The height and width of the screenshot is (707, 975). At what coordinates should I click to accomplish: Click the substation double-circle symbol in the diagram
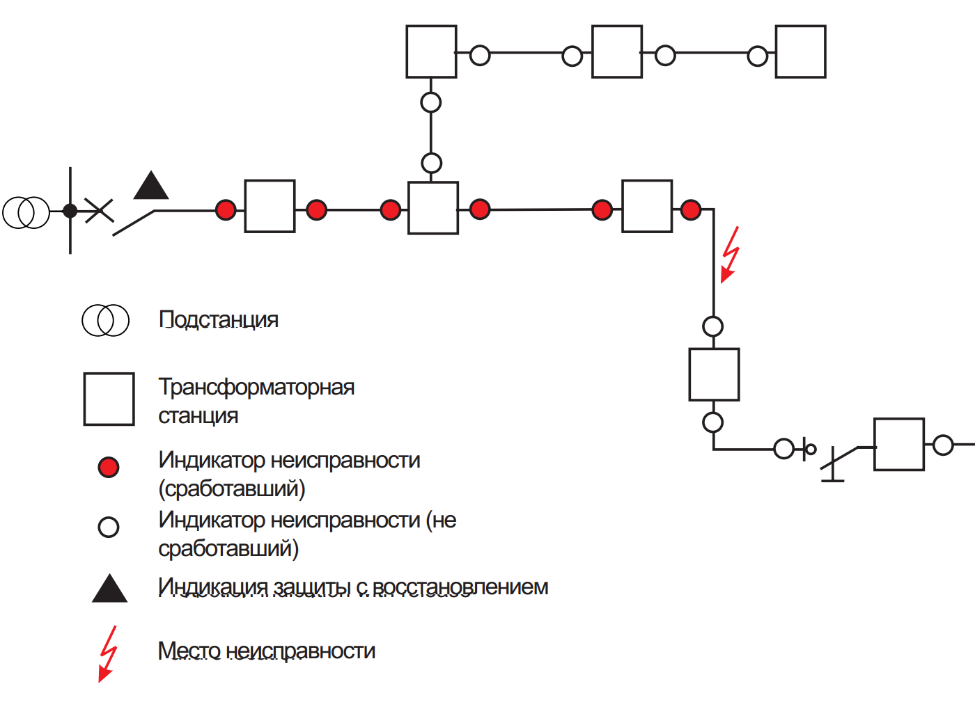26,212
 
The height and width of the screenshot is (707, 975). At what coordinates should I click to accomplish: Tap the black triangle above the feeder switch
151,186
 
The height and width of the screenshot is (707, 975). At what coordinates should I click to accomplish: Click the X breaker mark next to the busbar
99,210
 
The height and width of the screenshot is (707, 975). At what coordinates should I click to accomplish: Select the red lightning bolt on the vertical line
729,254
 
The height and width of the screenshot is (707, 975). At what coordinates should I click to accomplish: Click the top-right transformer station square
800,52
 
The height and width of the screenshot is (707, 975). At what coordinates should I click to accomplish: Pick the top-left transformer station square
431,52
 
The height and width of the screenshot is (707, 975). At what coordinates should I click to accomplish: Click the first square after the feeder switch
270,206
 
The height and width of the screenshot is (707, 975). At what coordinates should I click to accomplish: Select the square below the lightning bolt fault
714,374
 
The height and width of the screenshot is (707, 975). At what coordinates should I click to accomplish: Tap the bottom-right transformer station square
899,445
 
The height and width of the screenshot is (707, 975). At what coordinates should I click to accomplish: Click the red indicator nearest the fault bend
691,209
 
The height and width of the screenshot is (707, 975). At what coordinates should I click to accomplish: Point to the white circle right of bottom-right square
943,445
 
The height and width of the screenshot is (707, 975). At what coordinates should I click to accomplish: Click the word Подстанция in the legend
219,319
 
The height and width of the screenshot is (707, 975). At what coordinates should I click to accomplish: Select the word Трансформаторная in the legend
256,387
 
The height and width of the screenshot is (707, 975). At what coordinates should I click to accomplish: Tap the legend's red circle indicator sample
109,467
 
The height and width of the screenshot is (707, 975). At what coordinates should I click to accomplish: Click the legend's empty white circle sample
109,527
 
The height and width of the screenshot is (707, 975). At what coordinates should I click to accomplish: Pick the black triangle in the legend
109,589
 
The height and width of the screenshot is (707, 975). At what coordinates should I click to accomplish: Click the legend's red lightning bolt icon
107,653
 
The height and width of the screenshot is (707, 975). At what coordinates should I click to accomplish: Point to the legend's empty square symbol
109,399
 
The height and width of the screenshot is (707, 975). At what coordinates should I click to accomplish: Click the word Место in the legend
189,651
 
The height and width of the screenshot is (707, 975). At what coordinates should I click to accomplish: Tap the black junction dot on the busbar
70,210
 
